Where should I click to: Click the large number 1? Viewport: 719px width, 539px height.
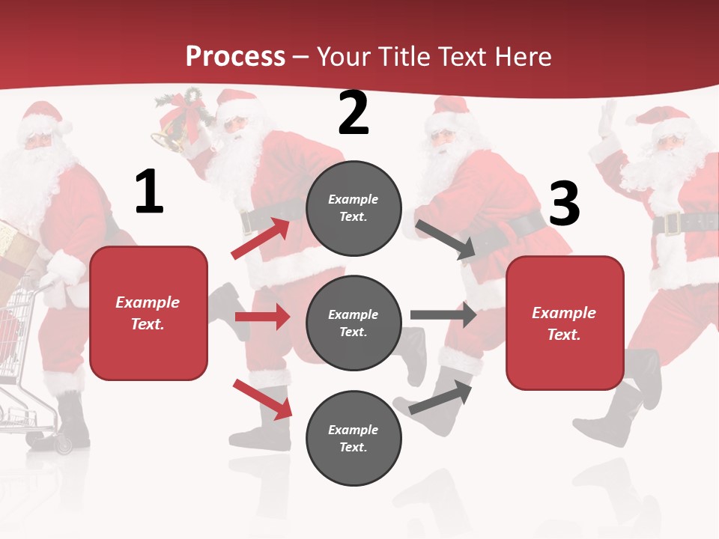[x=149, y=192]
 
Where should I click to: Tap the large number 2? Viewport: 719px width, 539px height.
[x=354, y=114]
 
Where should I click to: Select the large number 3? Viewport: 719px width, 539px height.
[x=564, y=204]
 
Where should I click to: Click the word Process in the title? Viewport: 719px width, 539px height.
[x=235, y=56]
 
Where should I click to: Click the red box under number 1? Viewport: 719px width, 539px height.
[x=148, y=313]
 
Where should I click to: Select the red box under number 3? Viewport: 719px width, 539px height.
[x=565, y=323]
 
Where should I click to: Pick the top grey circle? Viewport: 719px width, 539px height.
[x=354, y=208]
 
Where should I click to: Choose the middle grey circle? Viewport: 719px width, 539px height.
[x=354, y=323]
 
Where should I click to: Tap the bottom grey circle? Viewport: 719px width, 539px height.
[x=354, y=439]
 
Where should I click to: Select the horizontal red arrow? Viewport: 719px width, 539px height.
[x=262, y=317]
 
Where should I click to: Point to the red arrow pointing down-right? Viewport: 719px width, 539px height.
[x=262, y=398]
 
